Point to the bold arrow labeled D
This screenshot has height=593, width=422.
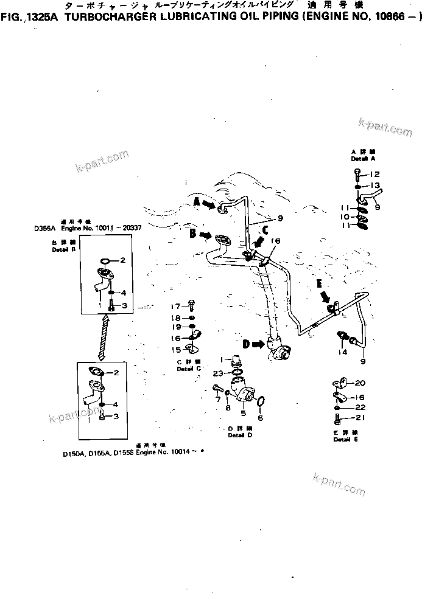254,344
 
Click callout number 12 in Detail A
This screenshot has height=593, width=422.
374,174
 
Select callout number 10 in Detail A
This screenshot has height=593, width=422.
343,217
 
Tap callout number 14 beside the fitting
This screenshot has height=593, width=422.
343,352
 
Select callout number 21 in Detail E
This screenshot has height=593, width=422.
359,418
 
